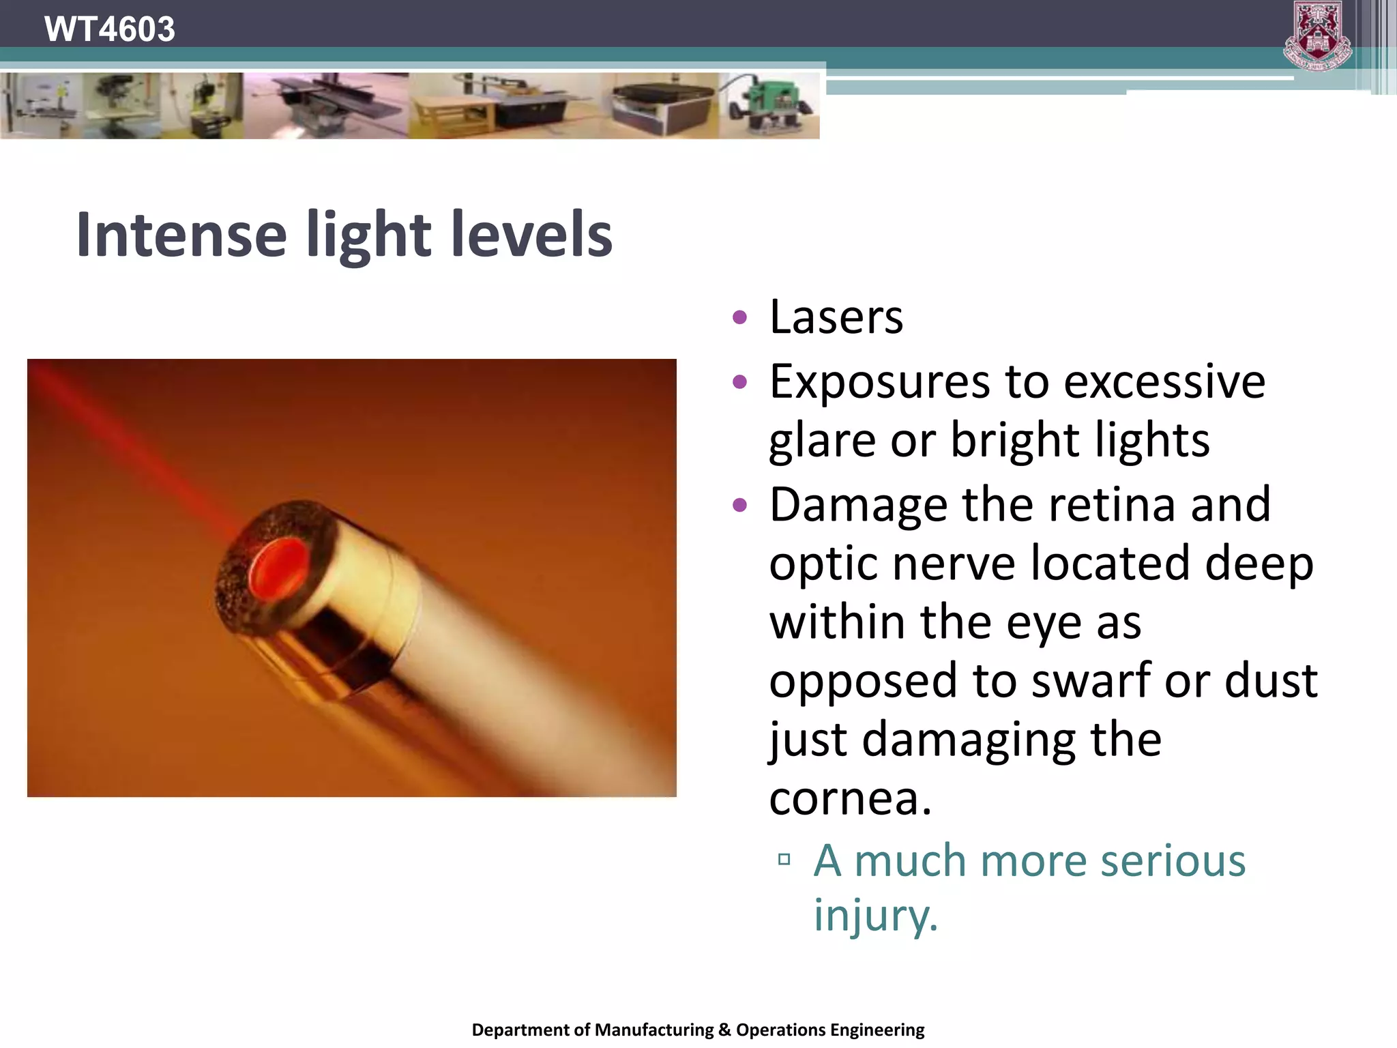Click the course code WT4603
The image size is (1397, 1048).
[109, 29]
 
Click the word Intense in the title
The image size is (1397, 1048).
[181, 235]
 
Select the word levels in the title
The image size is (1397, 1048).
[532, 235]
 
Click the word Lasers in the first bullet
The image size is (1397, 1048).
[836, 317]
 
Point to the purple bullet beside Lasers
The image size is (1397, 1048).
[739, 318]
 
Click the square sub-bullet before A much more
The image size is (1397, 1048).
[784, 860]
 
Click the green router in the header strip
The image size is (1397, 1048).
[771, 106]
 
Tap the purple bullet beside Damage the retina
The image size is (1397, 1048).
[739, 506]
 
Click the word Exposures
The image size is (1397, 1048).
[880, 382]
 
